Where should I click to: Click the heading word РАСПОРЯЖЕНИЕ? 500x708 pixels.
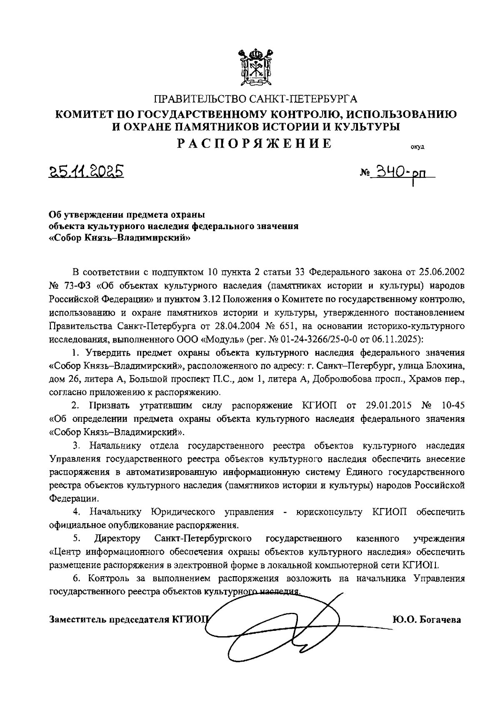pos(255,144)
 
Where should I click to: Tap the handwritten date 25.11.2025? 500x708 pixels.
pos(87,171)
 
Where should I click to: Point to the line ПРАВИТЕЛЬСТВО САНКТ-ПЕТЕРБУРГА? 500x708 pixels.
pos(256,99)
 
